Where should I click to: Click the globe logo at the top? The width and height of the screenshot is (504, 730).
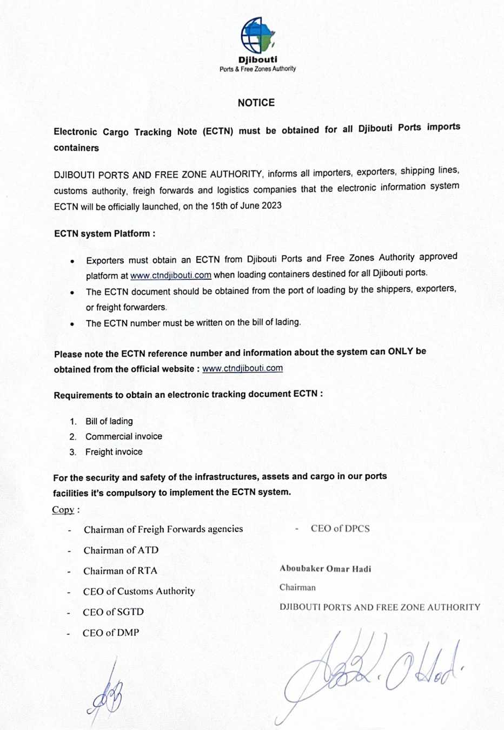[257, 35]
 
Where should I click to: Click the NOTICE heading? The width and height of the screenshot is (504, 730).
[256, 103]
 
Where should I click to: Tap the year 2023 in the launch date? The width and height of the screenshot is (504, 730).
[271, 205]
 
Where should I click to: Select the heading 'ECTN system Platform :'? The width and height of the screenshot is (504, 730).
[105, 234]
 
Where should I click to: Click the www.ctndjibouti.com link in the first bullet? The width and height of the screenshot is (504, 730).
[171, 275]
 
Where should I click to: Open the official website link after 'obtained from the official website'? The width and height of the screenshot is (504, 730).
[242, 368]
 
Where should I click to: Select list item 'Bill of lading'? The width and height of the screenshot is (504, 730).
[109, 421]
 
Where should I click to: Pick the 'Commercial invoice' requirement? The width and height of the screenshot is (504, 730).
[123, 436]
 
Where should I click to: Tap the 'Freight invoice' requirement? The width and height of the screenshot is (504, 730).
[114, 452]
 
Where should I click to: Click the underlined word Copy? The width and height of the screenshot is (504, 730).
[63, 510]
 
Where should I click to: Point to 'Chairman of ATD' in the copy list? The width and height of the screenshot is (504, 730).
[121, 550]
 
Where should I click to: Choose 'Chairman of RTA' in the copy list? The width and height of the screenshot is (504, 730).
[120, 571]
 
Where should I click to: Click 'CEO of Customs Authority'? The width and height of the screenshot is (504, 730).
[139, 591]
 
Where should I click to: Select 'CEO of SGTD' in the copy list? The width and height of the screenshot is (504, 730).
[113, 612]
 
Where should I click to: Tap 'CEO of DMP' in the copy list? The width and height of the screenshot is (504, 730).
[111, 633]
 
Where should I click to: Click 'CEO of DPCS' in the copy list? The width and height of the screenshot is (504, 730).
[340, 529]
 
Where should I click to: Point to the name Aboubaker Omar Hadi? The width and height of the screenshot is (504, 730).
[326, 569]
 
